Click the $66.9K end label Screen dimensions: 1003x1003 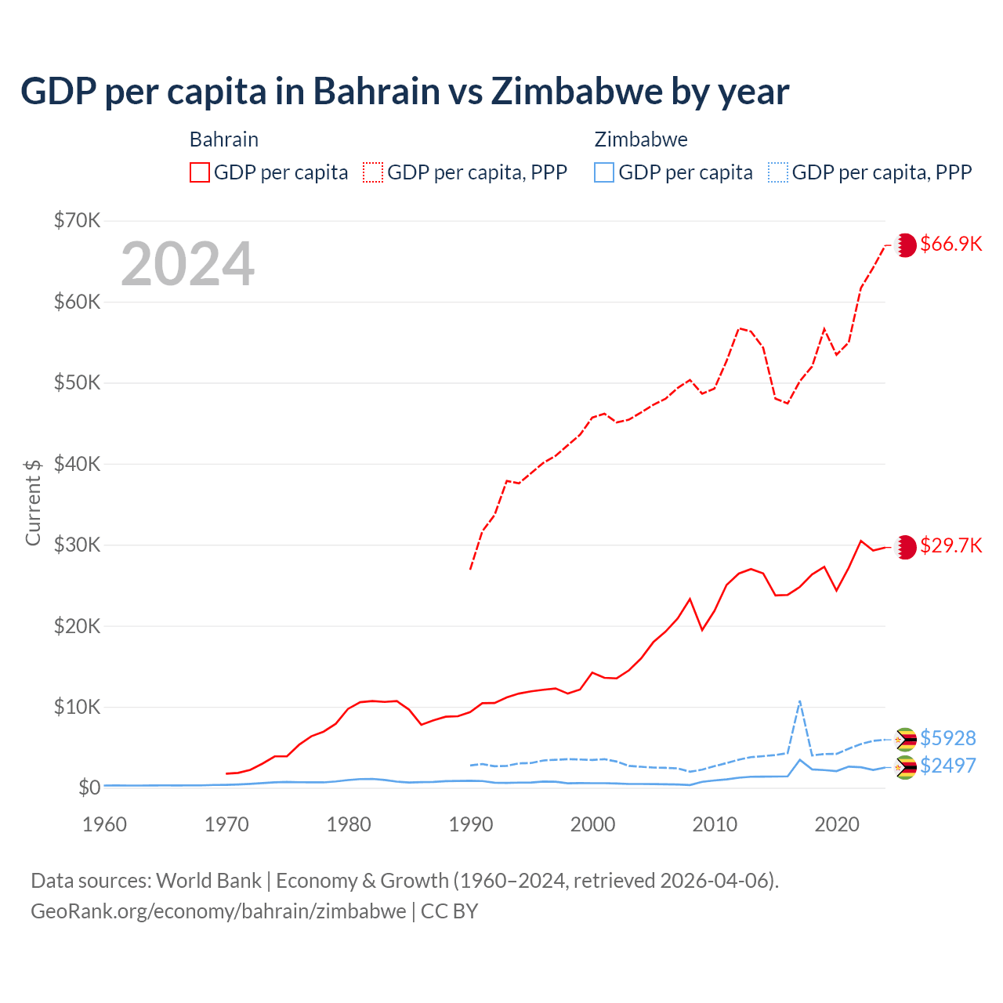(x=950, y=244)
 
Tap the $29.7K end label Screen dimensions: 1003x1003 (x=950, y=545)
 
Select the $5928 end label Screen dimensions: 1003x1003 (x=947, y=738)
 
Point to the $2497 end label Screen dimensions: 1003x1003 (x=947, y=766)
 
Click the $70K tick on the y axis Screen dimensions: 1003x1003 (x=77, y=220)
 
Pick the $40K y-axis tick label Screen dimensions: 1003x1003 (x=77, y=464)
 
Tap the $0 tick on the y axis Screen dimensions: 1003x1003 (x=89, y=788)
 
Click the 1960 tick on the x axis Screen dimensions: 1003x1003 (x=105, y=824)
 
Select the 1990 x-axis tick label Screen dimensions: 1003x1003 (x=471, y=824)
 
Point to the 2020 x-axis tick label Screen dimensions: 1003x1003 (x=837, y=824)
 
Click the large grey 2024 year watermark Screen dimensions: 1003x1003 (x=187, y=264)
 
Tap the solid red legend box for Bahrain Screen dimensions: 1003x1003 (x=200, y=172)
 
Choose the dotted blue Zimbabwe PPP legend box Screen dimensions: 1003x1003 (x=778, y=172)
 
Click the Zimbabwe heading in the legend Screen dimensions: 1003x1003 (x=641, y=139)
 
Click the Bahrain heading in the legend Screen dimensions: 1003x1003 (x=224, y=139)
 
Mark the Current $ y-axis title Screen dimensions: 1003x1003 (x=33, y=502)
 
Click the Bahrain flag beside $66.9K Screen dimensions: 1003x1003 (x=906, y=244)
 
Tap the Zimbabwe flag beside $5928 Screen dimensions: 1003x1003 (x=906, y=739)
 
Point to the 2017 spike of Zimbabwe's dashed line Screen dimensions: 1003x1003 (x=799, y=701)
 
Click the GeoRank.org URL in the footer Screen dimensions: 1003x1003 (x=218, y=911)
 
